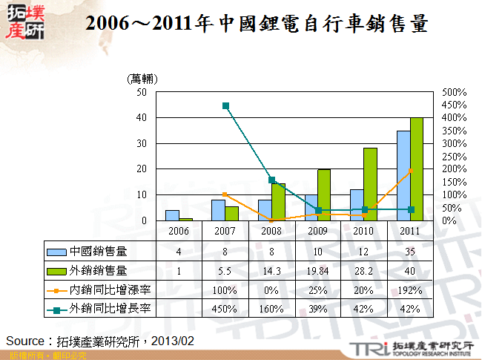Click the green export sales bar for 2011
coord(417,169)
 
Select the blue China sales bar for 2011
coord(403,176)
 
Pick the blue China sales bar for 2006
coord(171,215)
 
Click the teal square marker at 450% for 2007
coord(225,105)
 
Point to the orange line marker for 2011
coord(411,171)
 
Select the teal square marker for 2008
coord(271,180)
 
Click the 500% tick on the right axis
coord(453,93)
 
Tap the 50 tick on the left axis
coord(142,93)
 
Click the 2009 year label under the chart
coord(317,232)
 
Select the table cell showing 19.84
coord(317,270)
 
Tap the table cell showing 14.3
coord(271,270)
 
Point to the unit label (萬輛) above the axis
coord(143,78)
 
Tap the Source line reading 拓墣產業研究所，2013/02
coord(100,340)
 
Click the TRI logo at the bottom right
coord(412,347)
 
